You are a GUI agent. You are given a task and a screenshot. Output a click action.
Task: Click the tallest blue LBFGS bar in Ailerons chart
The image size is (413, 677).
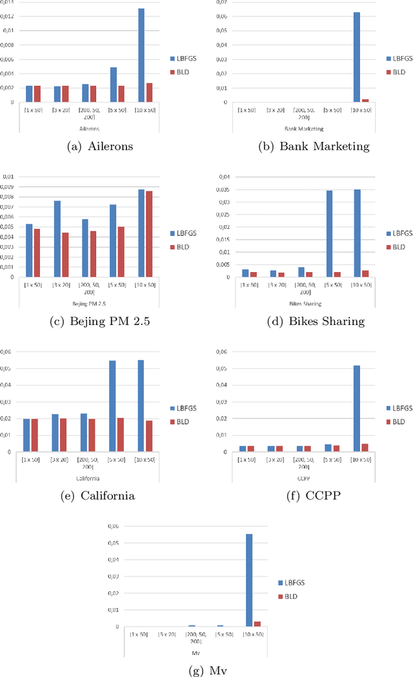[x=141, y=55]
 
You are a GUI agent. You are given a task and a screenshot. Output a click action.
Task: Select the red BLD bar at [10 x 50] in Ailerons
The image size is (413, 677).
[x=150, y=93]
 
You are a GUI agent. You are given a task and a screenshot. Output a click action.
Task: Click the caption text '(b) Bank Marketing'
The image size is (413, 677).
[x=314, y=146]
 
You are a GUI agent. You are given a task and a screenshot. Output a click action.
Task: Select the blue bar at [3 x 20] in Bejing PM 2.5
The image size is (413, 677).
[x=57, y=239]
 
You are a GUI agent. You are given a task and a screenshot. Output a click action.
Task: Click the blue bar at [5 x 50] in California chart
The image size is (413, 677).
[x=112, y=406]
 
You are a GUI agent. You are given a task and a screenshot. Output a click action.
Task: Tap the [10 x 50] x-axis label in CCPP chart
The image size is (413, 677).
[x=361, y=459]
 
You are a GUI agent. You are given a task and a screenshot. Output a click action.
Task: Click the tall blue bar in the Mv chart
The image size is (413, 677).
[x=248, y=580]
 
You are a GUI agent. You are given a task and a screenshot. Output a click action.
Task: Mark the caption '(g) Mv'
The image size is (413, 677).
[x=206, y=670]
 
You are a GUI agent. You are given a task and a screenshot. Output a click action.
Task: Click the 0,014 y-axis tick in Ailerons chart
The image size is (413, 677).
[x=8, y=2]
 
